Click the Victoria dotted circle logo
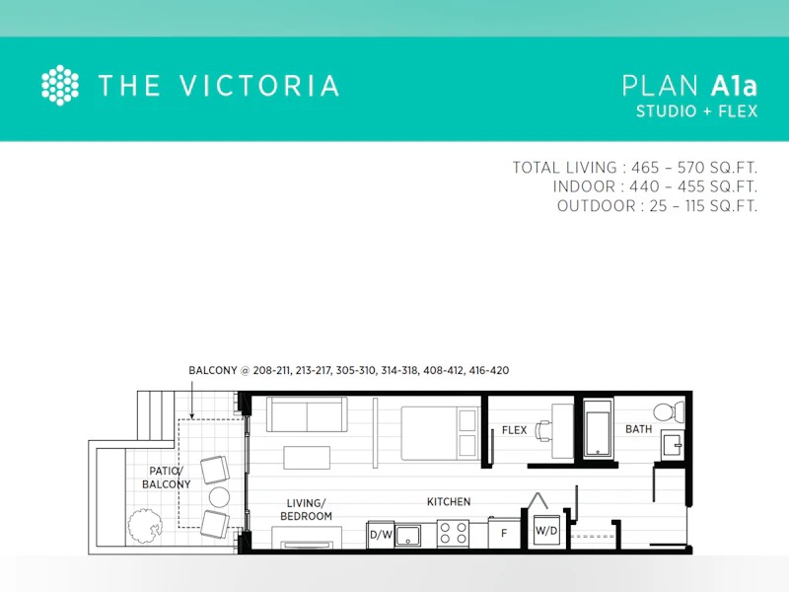click(x=60, y=85)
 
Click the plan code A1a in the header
click(x=734, y=86)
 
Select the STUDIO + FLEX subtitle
click(x=696, y=111)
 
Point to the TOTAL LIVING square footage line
click(x=634, y=168)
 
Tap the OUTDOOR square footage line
click(x=657, y=206)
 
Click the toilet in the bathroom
click(x=669, y=411)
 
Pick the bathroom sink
click(x=673, y=445)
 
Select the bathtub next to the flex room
click(x=598, y=428)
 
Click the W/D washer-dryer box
click(x=546, y=531)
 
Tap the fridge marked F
click(x=504, y=533)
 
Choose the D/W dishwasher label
click(x=381, y=535)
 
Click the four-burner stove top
click(x=453, y=534)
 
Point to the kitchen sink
click(x=408, y=536)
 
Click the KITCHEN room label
click(x=449, y=502)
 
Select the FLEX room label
click(x=514, y=430)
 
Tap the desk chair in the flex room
click(x=544, y=431)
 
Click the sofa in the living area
click(x=307, y=414)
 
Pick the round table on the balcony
click(x=219, y=497)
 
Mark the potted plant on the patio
click(x=144, y=526)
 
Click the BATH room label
click(x=638, y=429)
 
